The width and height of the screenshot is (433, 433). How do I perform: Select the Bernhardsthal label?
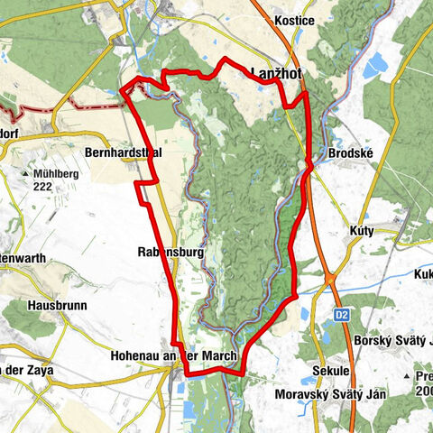point(124,153)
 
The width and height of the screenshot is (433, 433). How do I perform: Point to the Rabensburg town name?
point(171,252)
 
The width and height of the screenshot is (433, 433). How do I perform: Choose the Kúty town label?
point(360,232)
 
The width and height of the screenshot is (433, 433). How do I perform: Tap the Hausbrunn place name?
point(57,306)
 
